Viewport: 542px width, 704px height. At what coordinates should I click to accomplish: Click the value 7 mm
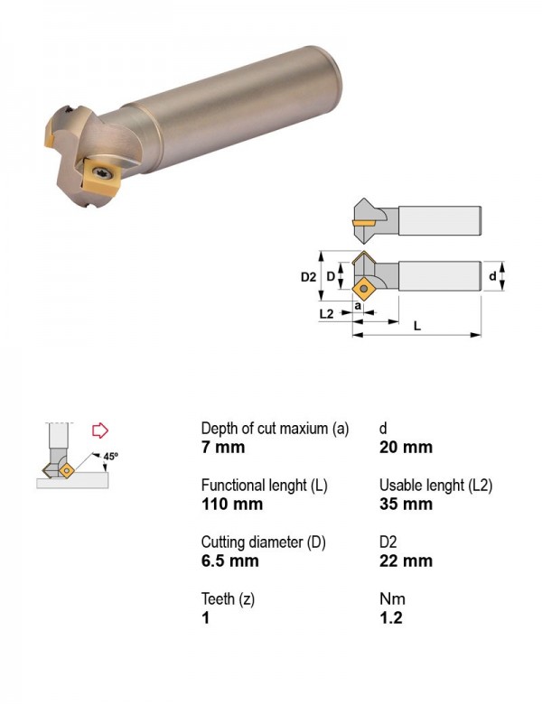click(223, 447)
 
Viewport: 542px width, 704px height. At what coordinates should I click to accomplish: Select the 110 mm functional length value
click(232, 504)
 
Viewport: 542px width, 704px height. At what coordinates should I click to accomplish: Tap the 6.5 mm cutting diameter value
click(229, 560)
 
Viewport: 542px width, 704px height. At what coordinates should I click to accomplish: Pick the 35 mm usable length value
click(406, 504)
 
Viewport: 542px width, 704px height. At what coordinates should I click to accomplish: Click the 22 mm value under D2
click(406, 560)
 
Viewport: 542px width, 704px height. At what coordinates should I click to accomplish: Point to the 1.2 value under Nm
click(391, 617)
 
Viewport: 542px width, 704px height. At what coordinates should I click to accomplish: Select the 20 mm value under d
click(406, 447)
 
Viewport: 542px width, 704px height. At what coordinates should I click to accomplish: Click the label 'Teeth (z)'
click(228, 599)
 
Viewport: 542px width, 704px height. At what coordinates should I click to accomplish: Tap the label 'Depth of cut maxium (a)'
click(275, 429)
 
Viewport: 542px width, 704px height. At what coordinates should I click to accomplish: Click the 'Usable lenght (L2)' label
click(436, 486)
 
